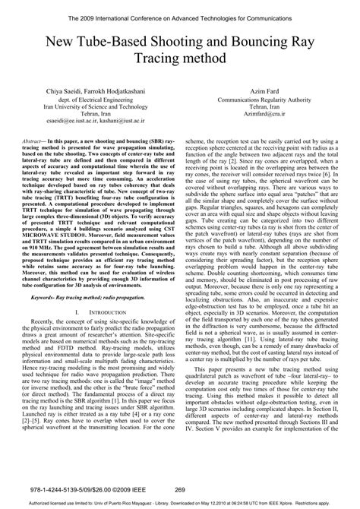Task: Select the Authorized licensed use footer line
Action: (x=179, y=503)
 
